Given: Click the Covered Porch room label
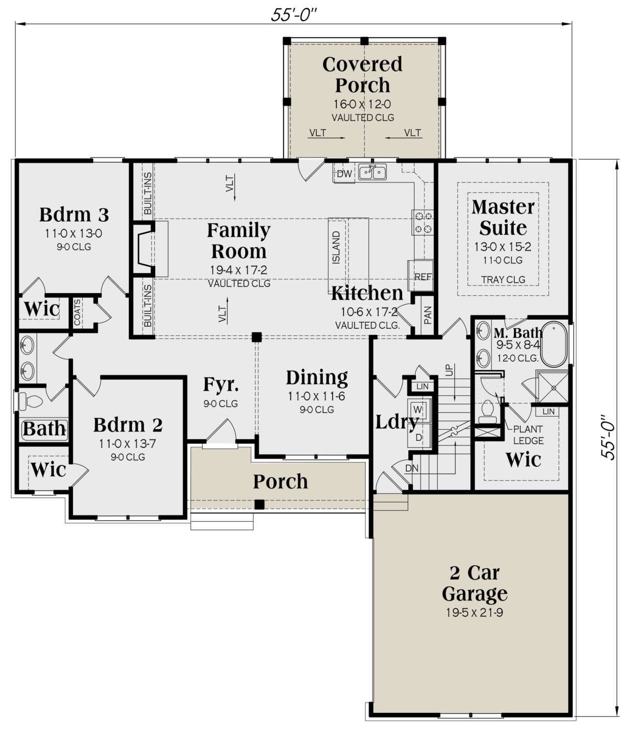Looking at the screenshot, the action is (x=362, y=75).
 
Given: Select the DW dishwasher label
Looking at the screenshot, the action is (x=344, y=174).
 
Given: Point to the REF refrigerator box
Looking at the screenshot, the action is (x=421, y=276).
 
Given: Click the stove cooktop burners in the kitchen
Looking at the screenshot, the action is (x=423, y=222).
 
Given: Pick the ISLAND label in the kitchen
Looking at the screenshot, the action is (x=336, y=247).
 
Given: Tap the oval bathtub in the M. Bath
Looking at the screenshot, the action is (x=554, y=344).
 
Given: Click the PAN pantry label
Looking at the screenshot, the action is (x=427, y=315).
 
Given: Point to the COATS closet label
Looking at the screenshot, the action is (x=77, y=312).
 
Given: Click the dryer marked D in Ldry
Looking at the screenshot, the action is (x=419, y=437).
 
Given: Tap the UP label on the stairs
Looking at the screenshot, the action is (x=449, y=370).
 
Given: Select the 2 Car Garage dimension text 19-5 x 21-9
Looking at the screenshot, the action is (x=474, y=612).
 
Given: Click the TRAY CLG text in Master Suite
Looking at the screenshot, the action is (x=503, y=279).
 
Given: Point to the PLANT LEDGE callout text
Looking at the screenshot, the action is (x=528, y=435).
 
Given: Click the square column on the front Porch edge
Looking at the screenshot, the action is (x=259, y=504).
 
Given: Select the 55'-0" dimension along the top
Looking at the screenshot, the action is (x=293, y=15).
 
